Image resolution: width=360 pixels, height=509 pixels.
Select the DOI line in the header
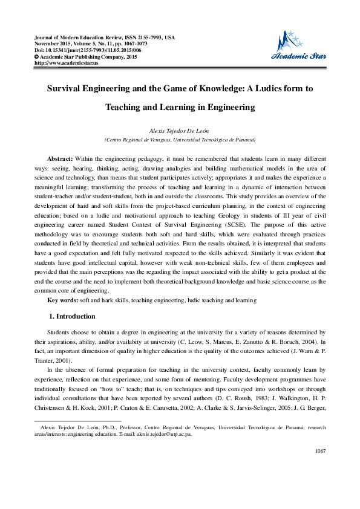click(91, 50)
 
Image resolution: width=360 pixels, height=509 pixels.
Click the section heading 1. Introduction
click(71, 316)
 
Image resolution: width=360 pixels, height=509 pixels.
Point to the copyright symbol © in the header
click(37, 56)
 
